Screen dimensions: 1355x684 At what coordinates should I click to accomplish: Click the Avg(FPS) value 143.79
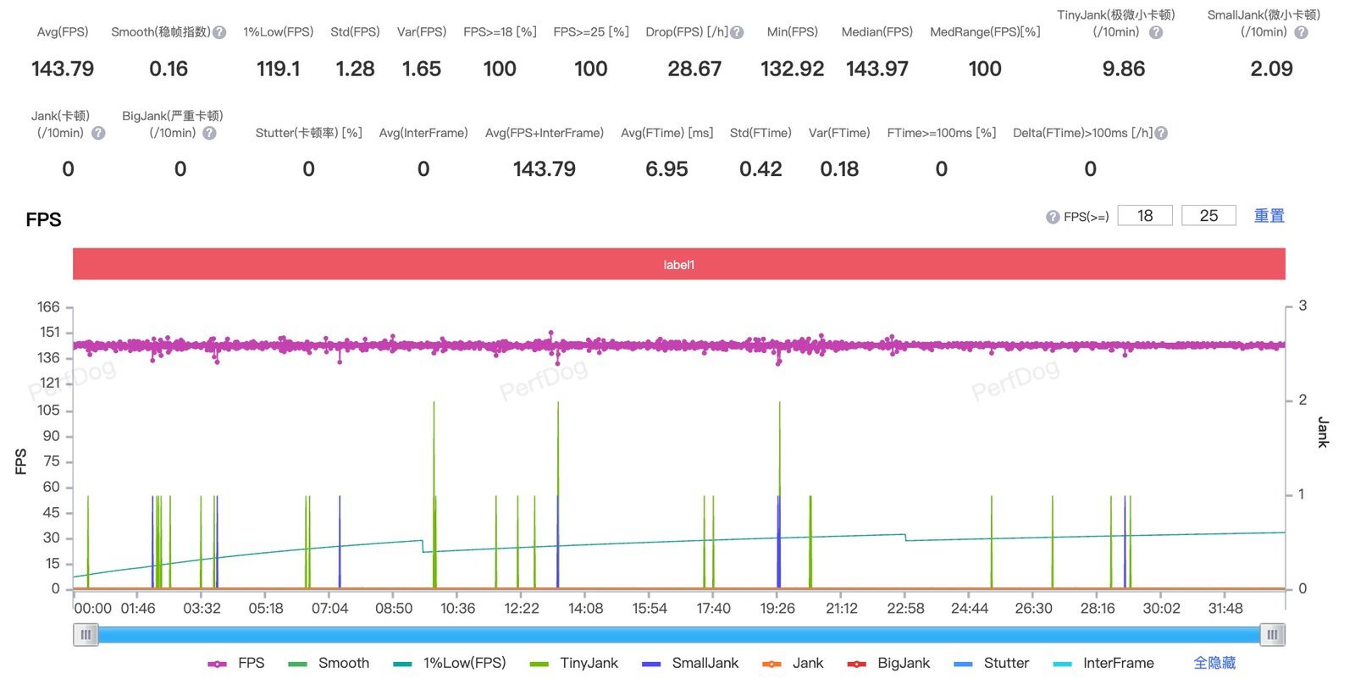(x=63, y=69)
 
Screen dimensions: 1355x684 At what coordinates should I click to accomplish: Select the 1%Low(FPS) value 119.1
(x=279, y=69)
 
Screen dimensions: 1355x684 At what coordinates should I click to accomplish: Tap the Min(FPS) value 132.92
(x=793, y=69)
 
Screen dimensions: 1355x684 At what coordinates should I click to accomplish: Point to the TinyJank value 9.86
(x=1123, y=69)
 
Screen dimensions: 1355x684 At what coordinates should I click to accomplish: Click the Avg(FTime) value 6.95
(x=666, y=169)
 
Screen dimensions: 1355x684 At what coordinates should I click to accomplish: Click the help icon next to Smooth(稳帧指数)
(x=219, y=33)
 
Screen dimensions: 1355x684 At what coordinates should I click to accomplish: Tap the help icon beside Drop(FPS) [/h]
(x=737, y=33)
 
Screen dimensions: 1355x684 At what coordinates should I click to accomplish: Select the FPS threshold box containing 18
(x=1145, y=216)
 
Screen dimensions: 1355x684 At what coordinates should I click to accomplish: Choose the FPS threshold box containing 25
(x=1208, y=216)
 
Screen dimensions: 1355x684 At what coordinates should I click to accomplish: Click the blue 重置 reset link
(x=1269, y=216)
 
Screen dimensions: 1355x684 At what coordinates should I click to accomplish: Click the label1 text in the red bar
(x=678, y=265)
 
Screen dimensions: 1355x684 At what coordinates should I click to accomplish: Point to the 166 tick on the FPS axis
(x=48, y=307)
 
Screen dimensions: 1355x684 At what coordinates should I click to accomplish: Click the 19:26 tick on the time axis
(x=777, y=609)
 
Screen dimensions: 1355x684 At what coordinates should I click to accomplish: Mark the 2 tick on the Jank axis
(x=1302, y=400)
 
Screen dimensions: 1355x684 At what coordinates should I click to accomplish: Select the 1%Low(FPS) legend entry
(x=450, y=664)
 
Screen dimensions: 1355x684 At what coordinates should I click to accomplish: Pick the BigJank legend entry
(x=888, y=664)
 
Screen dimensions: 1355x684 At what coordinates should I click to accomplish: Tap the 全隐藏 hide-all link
(x=1214, y=664)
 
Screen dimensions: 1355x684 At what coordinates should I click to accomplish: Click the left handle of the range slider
(x=86, y=635)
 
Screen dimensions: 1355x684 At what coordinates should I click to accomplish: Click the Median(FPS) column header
(x=877, y=32)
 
